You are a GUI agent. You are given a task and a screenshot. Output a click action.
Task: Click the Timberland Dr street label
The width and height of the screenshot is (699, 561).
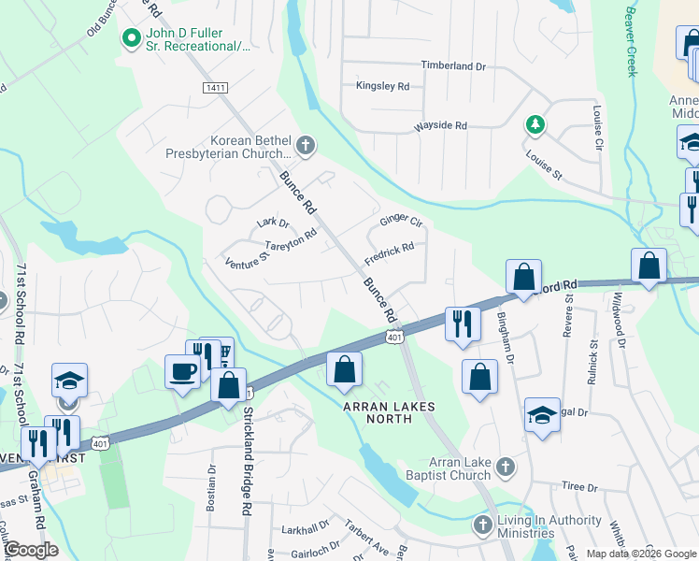click(x=454, y=66)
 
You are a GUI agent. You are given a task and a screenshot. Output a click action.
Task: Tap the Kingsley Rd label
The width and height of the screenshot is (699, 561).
click(x=382, y=86)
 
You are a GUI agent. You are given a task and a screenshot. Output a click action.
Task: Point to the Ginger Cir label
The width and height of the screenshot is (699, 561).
click(x=401, y=223)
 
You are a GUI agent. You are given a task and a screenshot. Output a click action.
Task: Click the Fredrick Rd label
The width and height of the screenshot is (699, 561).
click(x=389, y=252)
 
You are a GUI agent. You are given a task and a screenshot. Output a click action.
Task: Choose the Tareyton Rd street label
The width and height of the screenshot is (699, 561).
click(x=291, y=245)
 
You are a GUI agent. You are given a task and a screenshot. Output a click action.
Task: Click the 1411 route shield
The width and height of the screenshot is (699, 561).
click(x=214, y=87)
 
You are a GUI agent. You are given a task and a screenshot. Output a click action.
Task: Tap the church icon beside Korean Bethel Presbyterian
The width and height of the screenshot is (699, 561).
click(x=305, y=146)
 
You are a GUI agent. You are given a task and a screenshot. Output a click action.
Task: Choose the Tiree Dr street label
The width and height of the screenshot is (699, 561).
click(x=579, y=487)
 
